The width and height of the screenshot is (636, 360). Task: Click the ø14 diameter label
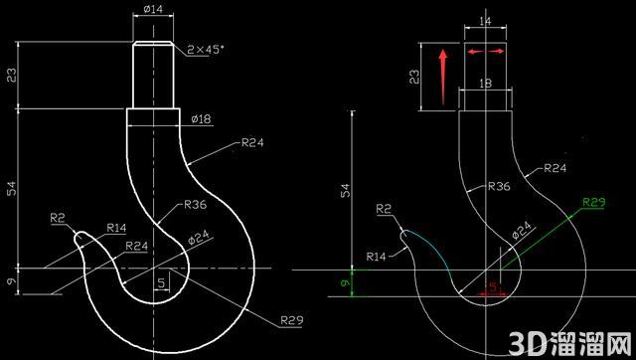coord(153,9)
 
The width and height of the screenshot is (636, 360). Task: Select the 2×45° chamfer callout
coord(206,50)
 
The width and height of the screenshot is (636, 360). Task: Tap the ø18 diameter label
coord(201,119)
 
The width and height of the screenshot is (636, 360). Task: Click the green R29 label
coord(594,202)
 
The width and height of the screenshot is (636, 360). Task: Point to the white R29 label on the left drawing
coord(292,320)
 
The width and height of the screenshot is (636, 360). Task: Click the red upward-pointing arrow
coord(443,77)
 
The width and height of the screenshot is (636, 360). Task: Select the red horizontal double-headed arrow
coord(486,52)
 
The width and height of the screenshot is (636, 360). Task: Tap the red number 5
coord(493,287)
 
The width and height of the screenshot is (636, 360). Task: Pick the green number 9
coord(346,282)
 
